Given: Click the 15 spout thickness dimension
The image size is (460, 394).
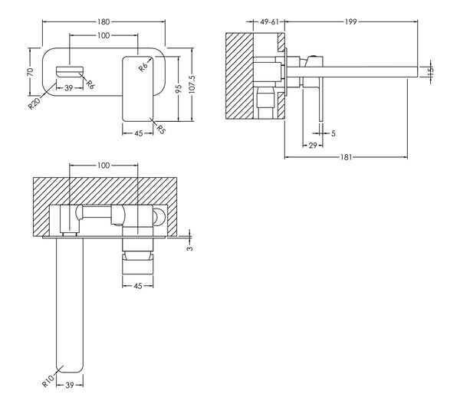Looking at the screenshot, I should pos(431,71).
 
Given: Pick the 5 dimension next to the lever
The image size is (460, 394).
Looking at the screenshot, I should pos(333,133).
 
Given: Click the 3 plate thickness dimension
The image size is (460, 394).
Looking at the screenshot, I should pos(190,248).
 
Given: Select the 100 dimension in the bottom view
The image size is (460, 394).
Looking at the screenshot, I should pos(103,166).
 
